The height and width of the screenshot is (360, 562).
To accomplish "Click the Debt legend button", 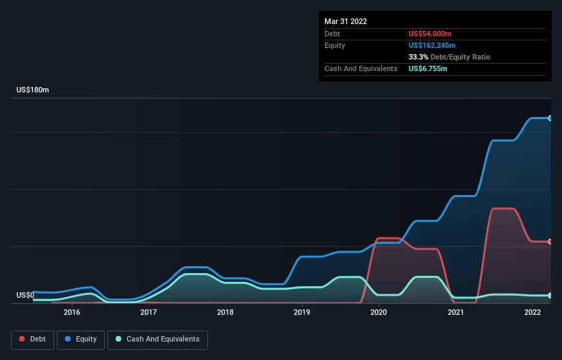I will (32, 339).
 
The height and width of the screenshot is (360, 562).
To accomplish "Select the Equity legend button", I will (81, 339).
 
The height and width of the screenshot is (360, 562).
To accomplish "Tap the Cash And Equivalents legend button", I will (157, 339).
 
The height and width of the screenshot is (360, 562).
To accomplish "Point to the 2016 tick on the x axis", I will (71, 313).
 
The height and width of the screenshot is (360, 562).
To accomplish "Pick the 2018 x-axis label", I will (225, 313).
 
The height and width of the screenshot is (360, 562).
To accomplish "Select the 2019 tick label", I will (302, 313).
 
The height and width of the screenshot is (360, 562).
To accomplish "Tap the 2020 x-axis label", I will (379, 313).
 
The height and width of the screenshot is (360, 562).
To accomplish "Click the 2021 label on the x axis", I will (456, 313).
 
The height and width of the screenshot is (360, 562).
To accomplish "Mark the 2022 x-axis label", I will (533, 313).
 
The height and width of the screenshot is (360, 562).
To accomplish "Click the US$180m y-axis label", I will (34, 90).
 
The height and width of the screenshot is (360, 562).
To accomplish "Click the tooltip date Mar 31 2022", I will (346, 21).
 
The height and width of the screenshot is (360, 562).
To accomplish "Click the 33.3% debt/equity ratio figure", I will (418, 57).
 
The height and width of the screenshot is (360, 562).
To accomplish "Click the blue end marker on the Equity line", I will (550, 118).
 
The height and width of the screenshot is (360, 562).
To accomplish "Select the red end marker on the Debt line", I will (550, 242).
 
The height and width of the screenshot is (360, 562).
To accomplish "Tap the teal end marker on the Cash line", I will (550, 295).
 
